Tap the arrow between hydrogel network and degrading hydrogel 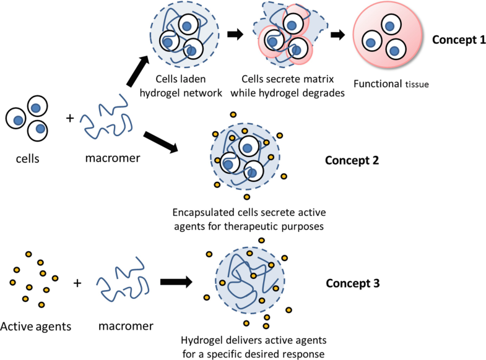235,35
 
